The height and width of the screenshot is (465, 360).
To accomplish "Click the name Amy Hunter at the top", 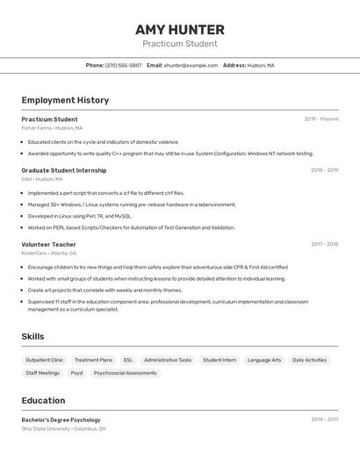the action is [180, 30].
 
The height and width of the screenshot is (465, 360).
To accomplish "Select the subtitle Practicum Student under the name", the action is [180, 44].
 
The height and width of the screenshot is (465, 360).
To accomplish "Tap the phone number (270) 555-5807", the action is [123, 65].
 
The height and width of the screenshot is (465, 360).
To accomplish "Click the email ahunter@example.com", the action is [191, 65].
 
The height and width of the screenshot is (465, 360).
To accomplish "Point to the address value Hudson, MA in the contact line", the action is [261, 65].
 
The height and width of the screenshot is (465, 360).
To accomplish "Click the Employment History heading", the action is [65, 100].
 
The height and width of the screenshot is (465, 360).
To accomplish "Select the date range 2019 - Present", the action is [320, 119].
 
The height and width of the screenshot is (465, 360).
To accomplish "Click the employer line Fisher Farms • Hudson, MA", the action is [52, 128].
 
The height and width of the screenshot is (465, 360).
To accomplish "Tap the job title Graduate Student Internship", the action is [64, 170].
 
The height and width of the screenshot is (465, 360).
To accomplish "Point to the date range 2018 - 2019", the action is [324, 170].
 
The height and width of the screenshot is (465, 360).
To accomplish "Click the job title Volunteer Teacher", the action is [48, 244].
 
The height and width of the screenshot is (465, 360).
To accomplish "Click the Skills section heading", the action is [32, 336].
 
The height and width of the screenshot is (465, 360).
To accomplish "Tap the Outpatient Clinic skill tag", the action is [45, 360].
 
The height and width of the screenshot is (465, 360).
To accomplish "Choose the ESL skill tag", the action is [128, 360].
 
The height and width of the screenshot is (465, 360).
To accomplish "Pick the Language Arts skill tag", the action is [264, 360].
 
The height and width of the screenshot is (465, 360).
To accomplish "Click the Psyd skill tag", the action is [76, 373].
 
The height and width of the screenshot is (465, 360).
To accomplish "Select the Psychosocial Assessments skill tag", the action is [125, 373].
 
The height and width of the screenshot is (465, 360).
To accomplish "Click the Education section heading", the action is [43, 400].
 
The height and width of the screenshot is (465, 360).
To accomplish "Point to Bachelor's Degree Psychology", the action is [61, 420].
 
